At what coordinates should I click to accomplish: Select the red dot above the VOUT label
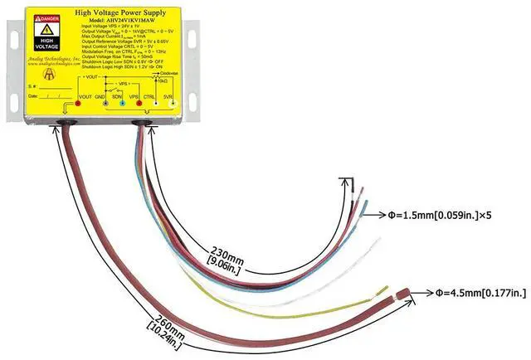tap(77, 104)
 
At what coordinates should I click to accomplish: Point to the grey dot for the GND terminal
tap(100, 104)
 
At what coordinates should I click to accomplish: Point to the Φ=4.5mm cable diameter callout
tap(480, 292)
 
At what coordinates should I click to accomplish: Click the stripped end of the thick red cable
tap(402, 294)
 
